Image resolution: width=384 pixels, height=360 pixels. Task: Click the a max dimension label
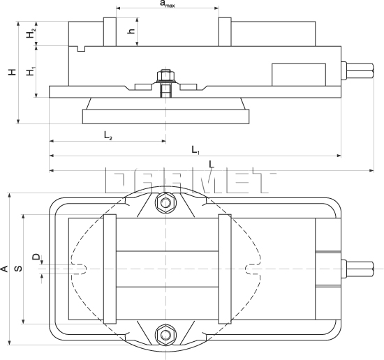click(x=167, y=4)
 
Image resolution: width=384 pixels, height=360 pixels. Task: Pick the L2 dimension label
click(x=108, y=134)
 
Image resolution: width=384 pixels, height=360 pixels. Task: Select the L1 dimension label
click(x=195, y=149)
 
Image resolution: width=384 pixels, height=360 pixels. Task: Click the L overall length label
click(x=212, y=164)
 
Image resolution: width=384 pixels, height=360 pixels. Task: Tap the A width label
click(x=4, y=268)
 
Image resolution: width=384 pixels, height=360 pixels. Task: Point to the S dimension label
click(x=19, y=268)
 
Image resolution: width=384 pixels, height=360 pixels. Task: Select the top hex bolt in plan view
click(x=165, y=204)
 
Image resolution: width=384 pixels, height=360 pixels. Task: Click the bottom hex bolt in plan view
click(x=165, y=336)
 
